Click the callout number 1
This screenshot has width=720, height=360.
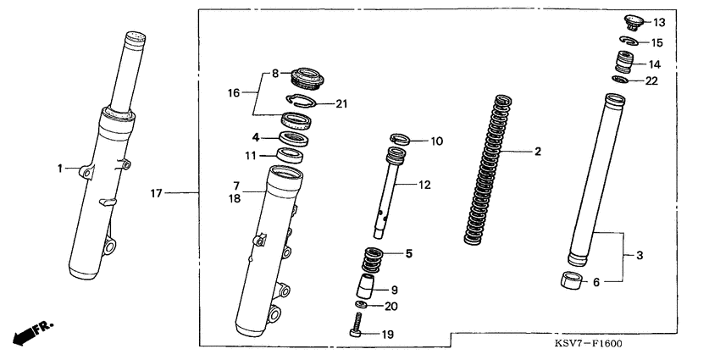61,169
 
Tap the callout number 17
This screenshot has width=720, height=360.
156,194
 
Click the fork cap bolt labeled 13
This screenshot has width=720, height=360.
630,21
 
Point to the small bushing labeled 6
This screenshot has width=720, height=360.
573,280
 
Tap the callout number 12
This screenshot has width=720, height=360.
424,184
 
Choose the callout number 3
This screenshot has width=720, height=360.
640,254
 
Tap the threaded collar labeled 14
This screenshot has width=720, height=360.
623,62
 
